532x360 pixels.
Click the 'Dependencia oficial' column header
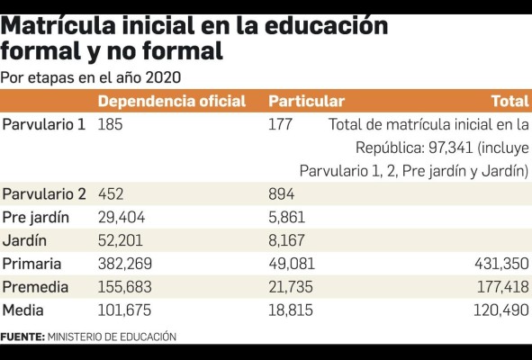(171, 102)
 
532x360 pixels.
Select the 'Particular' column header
(306, 102)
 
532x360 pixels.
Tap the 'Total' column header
(509, 102)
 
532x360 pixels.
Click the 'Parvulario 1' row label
(44, 124)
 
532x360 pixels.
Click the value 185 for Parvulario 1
(110, 124)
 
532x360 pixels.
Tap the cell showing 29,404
(122, 217)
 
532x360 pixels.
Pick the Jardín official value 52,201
(121, 240)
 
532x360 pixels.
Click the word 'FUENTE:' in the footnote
(23, 337)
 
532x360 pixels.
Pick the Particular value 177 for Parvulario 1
(280, 124)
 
